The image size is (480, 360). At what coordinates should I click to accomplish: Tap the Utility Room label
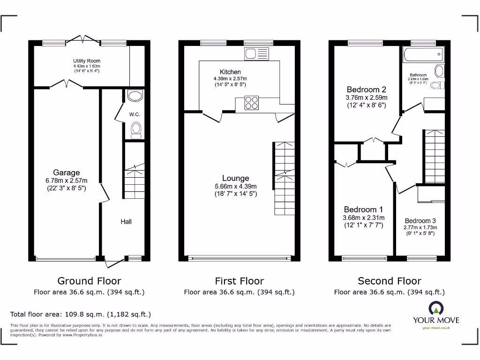(x=86, y=61)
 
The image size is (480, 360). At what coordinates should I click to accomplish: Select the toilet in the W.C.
(x=136, y=130)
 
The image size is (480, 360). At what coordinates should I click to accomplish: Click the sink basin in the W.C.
(x=135, y=97)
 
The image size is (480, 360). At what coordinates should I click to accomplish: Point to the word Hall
(x=126, y=221)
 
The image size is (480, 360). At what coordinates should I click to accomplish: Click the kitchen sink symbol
(x=256, y=54)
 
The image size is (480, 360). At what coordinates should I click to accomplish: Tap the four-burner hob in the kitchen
(x=251, y=103)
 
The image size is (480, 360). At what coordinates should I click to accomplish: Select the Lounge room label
(x=236, y=178)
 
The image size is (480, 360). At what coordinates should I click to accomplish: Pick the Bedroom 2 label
(x=366, y=90)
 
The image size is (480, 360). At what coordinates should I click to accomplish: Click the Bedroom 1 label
(x=363, y=210)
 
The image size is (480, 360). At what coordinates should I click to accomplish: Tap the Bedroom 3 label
(x=420, y=221)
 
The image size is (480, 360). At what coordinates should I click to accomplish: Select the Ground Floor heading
(x=89, y=281)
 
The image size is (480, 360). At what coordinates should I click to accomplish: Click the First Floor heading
(x=239, y=281)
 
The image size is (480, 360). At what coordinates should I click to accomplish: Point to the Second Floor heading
(x=389, y=281)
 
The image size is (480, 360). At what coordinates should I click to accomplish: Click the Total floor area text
(x=81, y=314)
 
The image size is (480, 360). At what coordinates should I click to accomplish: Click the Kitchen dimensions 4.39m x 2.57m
(x=230, y=79)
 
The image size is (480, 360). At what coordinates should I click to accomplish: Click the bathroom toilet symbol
(x=436, y=85)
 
